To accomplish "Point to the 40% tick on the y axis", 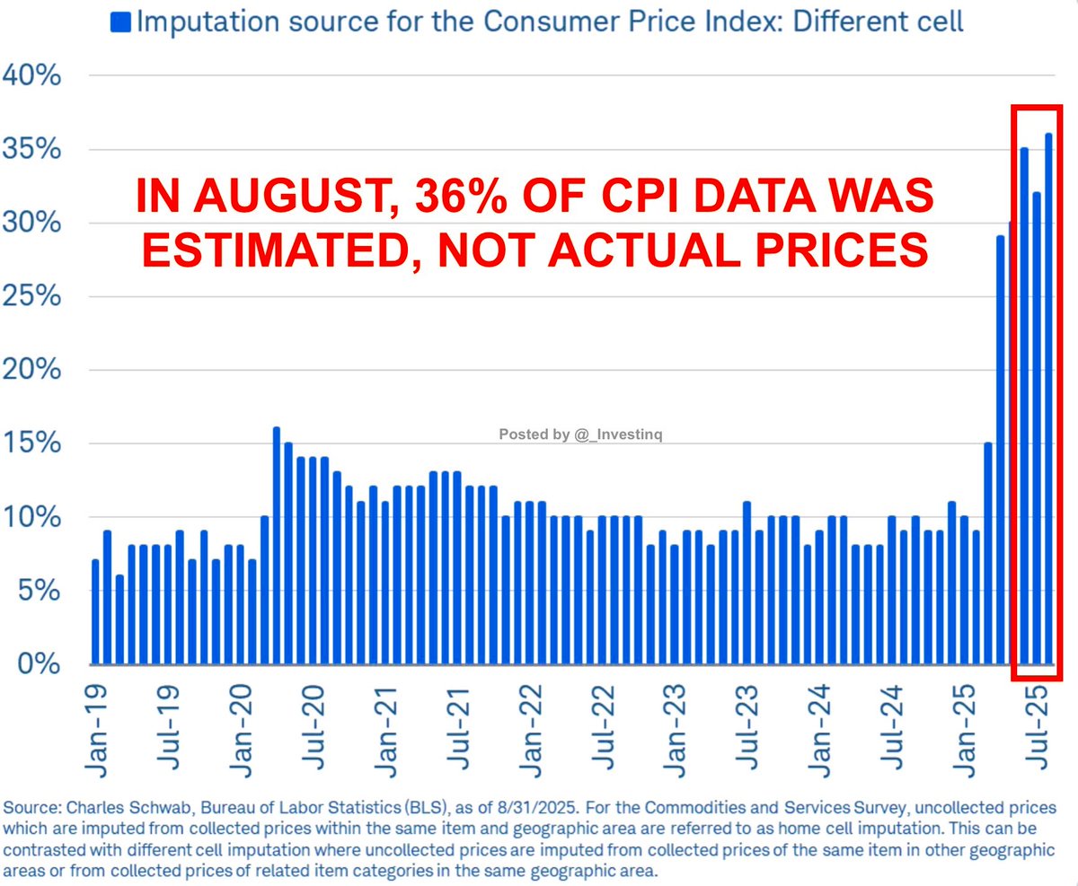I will click(x=31, y=76).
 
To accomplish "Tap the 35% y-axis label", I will click(x=31, y=149).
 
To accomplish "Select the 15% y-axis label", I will click(x=31, y=443).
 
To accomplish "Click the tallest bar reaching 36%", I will click(x=1048, y=399).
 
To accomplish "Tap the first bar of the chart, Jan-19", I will click(x=96, y=612).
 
